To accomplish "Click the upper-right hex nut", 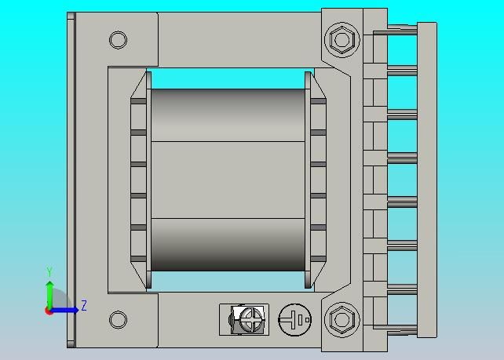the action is click(x=342, y=40).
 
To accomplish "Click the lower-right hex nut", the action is click(x=342, y=319).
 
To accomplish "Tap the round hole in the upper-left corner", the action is click(x=118, y=40).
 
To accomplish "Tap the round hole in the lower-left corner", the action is click(x=118, y=319).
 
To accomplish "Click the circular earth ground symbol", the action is click(x=294, y=320).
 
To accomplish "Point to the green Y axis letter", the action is click(x=49, y=271).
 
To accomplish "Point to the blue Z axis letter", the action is click(x=84, y=305).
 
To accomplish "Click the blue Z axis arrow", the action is click(x=64, y=310).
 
